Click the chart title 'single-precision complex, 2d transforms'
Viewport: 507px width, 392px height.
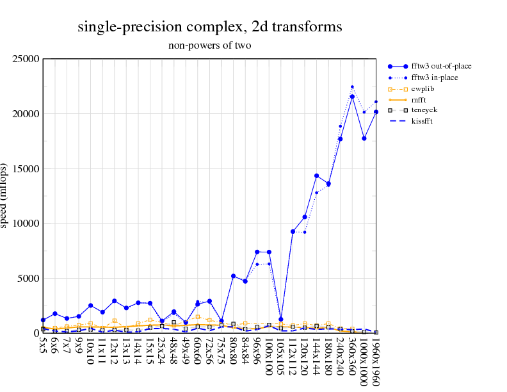(209, 27)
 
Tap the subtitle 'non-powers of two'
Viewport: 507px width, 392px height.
(209, 45)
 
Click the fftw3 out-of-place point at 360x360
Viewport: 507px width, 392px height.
(352, 97)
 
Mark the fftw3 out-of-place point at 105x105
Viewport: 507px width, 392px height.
(281, 319)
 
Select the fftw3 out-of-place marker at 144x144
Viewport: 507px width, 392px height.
(317, 176)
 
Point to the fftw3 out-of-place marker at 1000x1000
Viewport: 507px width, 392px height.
(364, 138)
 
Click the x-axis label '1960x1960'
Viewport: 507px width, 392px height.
(376, 363)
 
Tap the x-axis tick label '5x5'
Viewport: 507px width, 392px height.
(43, 345)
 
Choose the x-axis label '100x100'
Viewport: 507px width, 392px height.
(270, 357)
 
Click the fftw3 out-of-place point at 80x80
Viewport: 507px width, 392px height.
(234, 276)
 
